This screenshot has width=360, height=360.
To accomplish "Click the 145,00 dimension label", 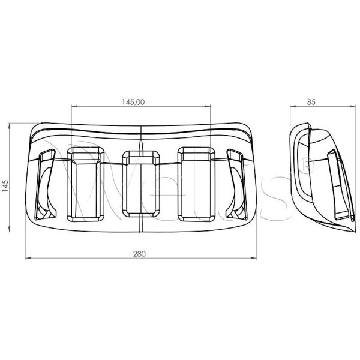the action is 133,102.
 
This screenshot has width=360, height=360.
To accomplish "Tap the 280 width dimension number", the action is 139,254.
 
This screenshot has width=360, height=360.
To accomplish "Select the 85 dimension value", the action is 311,102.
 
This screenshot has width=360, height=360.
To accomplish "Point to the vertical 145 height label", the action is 5,186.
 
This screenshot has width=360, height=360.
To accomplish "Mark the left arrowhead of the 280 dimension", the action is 28,258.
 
